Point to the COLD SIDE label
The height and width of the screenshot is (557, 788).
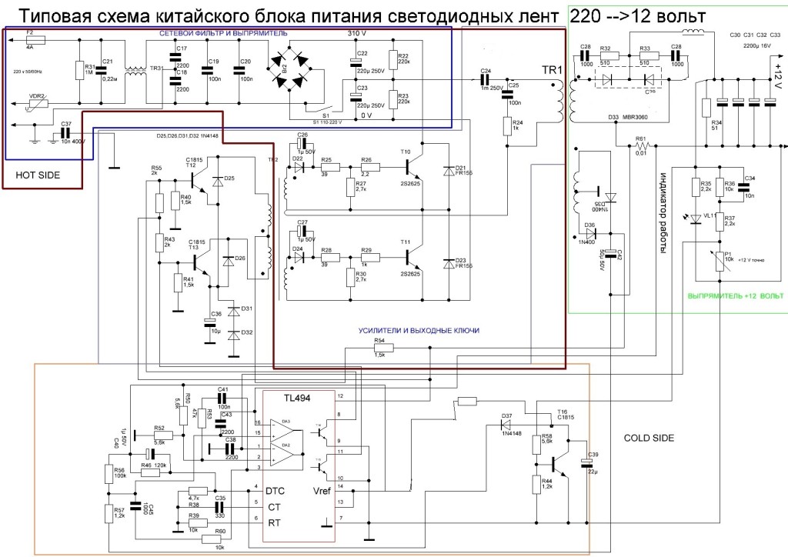[649, 438]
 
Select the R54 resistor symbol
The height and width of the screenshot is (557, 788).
[381, 348]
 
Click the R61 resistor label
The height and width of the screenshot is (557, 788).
[639, 138]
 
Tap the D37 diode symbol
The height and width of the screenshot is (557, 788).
[507, 423]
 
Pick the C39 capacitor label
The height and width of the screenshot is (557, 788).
[593, 455]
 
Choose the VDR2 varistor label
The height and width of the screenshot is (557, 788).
[38, 96]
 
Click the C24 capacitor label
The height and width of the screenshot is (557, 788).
[486, 72]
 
